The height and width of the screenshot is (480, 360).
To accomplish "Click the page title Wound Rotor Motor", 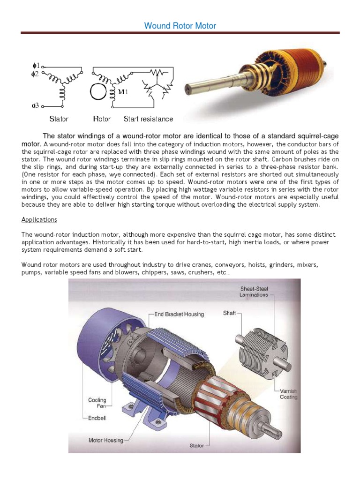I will tap(180, 26).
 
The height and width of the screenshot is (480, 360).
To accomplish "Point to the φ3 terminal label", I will tap(35, 105).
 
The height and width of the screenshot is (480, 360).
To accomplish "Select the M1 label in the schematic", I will tap(123, 91).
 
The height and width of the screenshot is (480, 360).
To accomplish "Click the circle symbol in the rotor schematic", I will tap(99, 92).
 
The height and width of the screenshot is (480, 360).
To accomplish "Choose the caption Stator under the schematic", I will tap(59, 119).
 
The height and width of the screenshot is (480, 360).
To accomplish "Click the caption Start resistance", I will tap(148, 119).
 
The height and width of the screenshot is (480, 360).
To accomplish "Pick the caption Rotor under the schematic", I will tap(102, 119).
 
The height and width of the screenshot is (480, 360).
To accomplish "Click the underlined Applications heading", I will tap(39, 219).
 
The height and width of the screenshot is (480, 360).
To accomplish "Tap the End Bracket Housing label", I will tap(179, 314).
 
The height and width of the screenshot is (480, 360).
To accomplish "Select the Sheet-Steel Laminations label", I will tap(254, 292).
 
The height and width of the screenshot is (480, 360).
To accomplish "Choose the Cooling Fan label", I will tap(97, 403).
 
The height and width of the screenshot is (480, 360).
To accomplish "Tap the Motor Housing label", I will tap(106, 440).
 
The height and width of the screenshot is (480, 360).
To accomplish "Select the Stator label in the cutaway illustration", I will tap(197, 445).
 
